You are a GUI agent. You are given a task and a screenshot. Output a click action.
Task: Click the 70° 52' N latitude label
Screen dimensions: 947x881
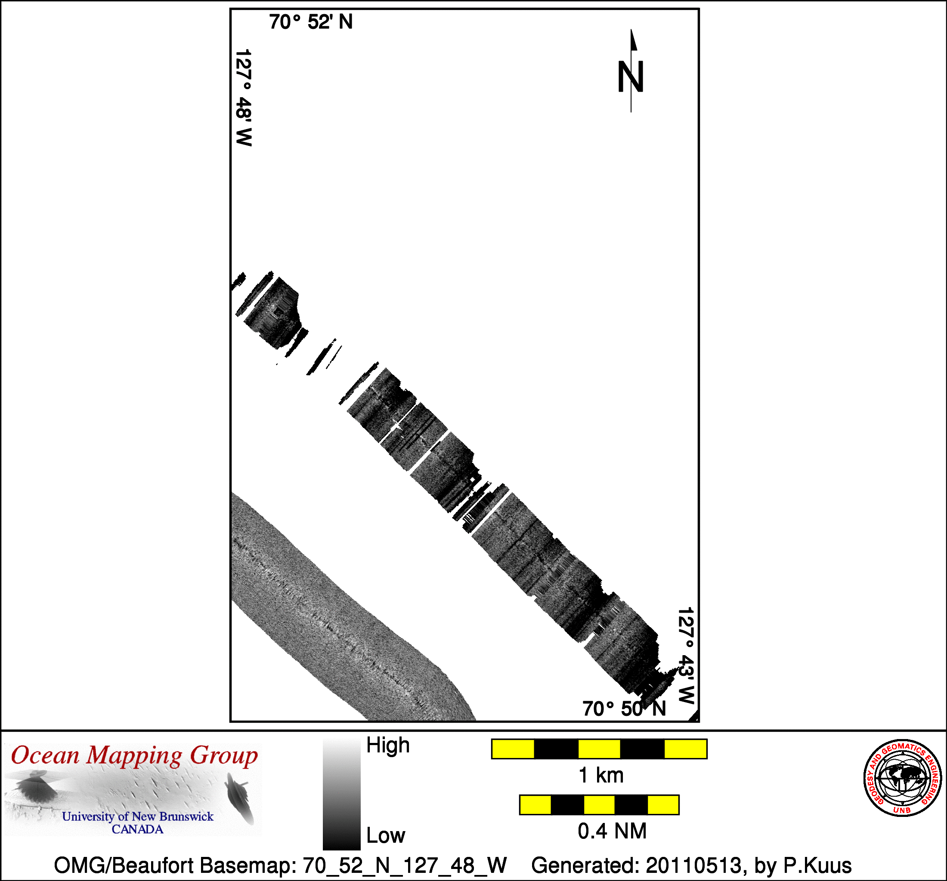(x=311, y=22)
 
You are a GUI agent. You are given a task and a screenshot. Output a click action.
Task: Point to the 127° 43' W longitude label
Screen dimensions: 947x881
(x=686, y=656)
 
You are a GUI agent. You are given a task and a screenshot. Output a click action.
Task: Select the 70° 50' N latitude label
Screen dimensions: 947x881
(x=624, y=708)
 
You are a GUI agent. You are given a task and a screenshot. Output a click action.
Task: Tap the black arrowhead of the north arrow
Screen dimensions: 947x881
(x=634, y=40)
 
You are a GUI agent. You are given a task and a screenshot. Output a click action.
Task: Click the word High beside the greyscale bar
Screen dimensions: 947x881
(x=388, y=745)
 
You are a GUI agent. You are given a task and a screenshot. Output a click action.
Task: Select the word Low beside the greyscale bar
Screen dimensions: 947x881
(x=385, y=836)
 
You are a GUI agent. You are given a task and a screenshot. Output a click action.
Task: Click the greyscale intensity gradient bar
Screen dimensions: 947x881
(x=341, y=794)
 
